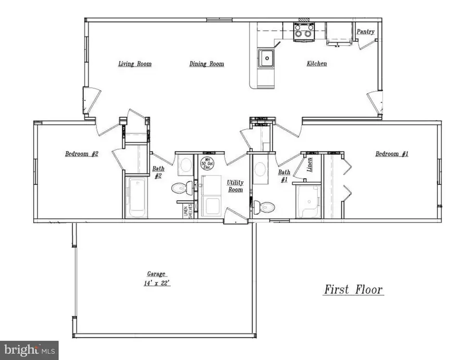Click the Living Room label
pyautogui.click(x=134, y=64)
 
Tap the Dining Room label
pyautogui.click(x=206, y=64)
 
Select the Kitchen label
pyautogui.click(x=316, y=64)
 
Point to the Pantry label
pyautogui.click(x=365, y=32)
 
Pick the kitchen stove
pyautogui.click(x=303, y=33)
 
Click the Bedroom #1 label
pyautogui.click(x=392, y=154)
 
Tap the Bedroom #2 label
pyautogui.click(x=82, y=154)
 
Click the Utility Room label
pyautogui.click(x=234, y=186)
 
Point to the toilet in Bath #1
pyautogui.click(x=265, y=207)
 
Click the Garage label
pyautogui.click(x=156, y=274)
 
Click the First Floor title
pyautogui.click(x=354, y=289)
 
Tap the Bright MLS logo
pyautogui.click(x=29, y=350)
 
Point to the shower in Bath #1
pyautogui.click(x=307, y=201)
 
